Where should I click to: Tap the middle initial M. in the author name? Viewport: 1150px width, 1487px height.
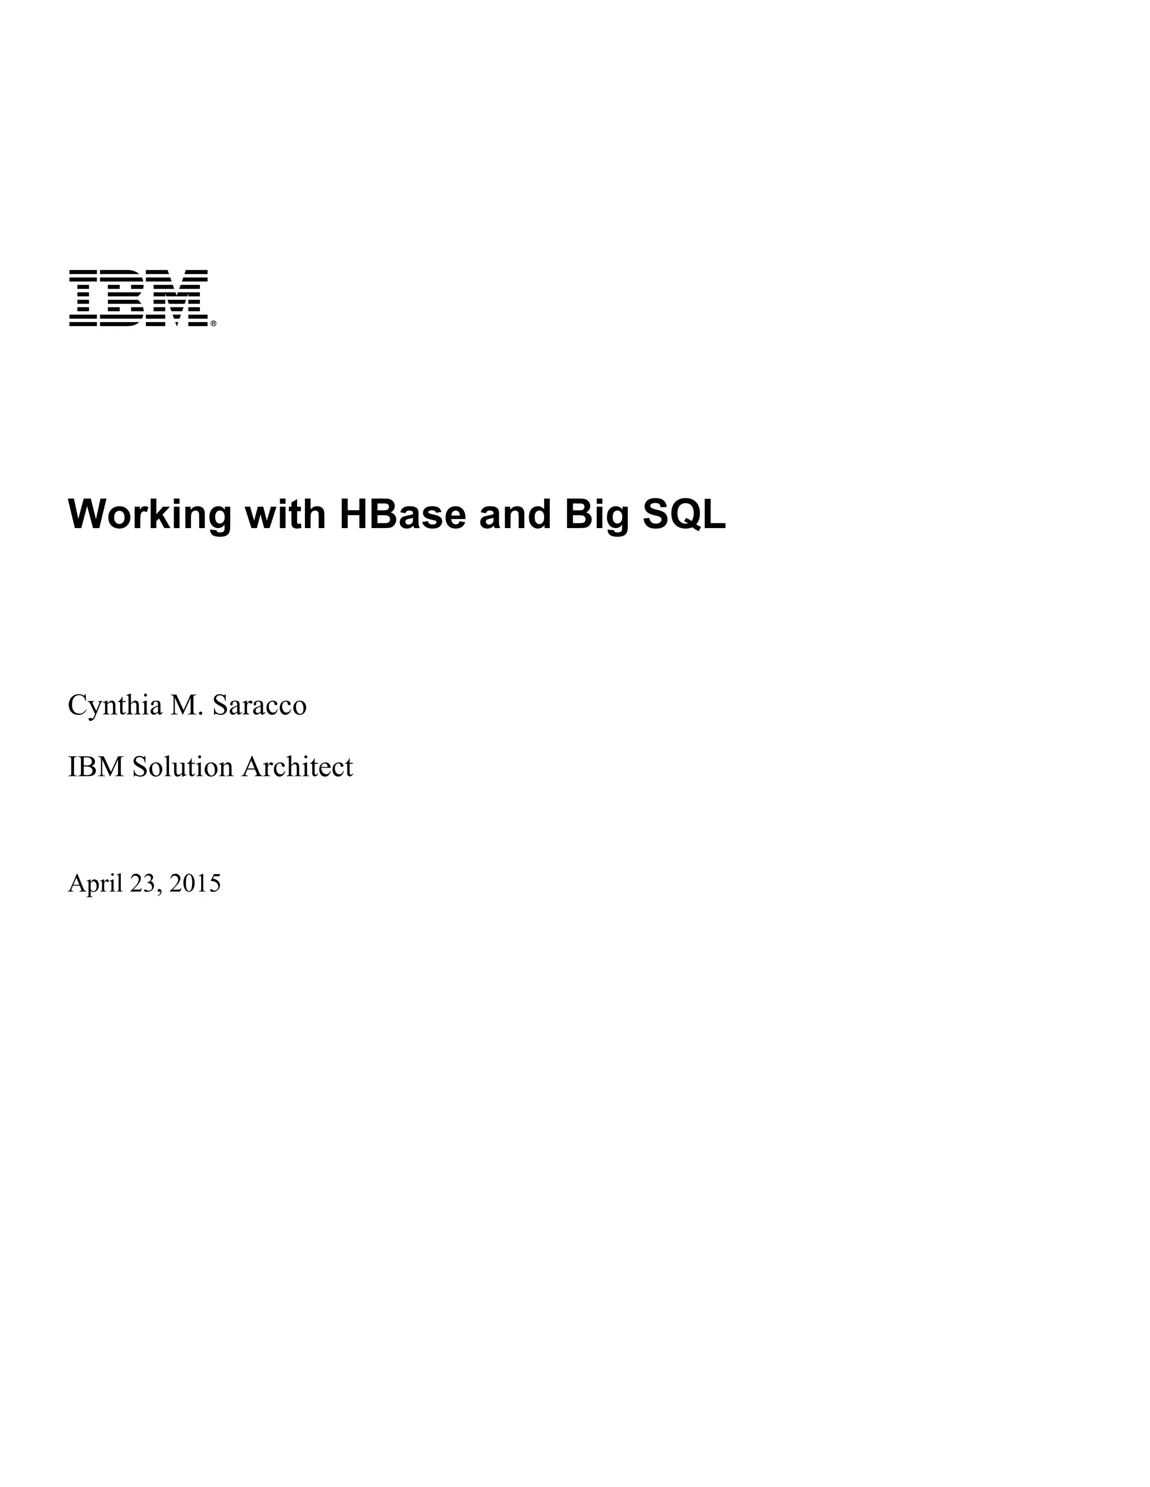pyautogui.click(x=188, y=705)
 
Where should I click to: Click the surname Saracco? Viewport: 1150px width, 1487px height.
pyautogui.click(x=259, y=705)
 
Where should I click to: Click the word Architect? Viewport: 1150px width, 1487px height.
pyautogui.click(x=298, y=767)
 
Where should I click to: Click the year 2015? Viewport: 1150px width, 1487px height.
pyautogui.click(x=195, y=883)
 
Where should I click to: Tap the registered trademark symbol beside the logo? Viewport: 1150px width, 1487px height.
pyautogui.click(x=213, y=324)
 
